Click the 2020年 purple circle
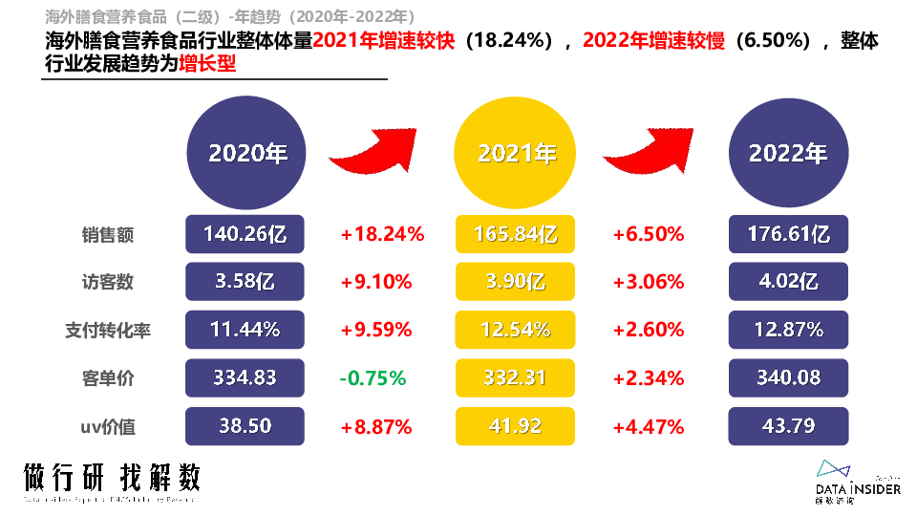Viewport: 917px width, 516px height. pyautogui.click(x=246, y=153)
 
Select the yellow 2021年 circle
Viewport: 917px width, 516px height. pyautogui.click(x=516, y=153)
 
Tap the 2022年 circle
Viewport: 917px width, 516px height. pyautogui.click(x=787, y=153)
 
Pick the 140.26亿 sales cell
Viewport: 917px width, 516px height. pyautogui.click(x=245, y=234)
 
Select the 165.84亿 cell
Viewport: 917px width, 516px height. pyautogui.click(x=516, y=234)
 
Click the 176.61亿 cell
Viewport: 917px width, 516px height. pyautogui.click(x=788, y=234)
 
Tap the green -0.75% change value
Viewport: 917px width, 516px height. pyautogui.click(x=375, y=377)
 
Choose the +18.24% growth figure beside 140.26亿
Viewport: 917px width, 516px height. pyautogui.click(x=381, y=234)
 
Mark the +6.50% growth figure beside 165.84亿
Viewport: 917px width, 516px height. pyautogui.click(x=649, y=234)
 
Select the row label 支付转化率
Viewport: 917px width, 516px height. pyautogui.click(x=107, y=331)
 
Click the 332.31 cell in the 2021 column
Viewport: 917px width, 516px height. pyautogui.click(x=516, y=377)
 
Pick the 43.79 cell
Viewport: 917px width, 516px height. pyautogui.click(x=788, y=425)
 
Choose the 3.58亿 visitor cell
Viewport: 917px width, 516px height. pyautogui.click(x=245, y=282)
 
